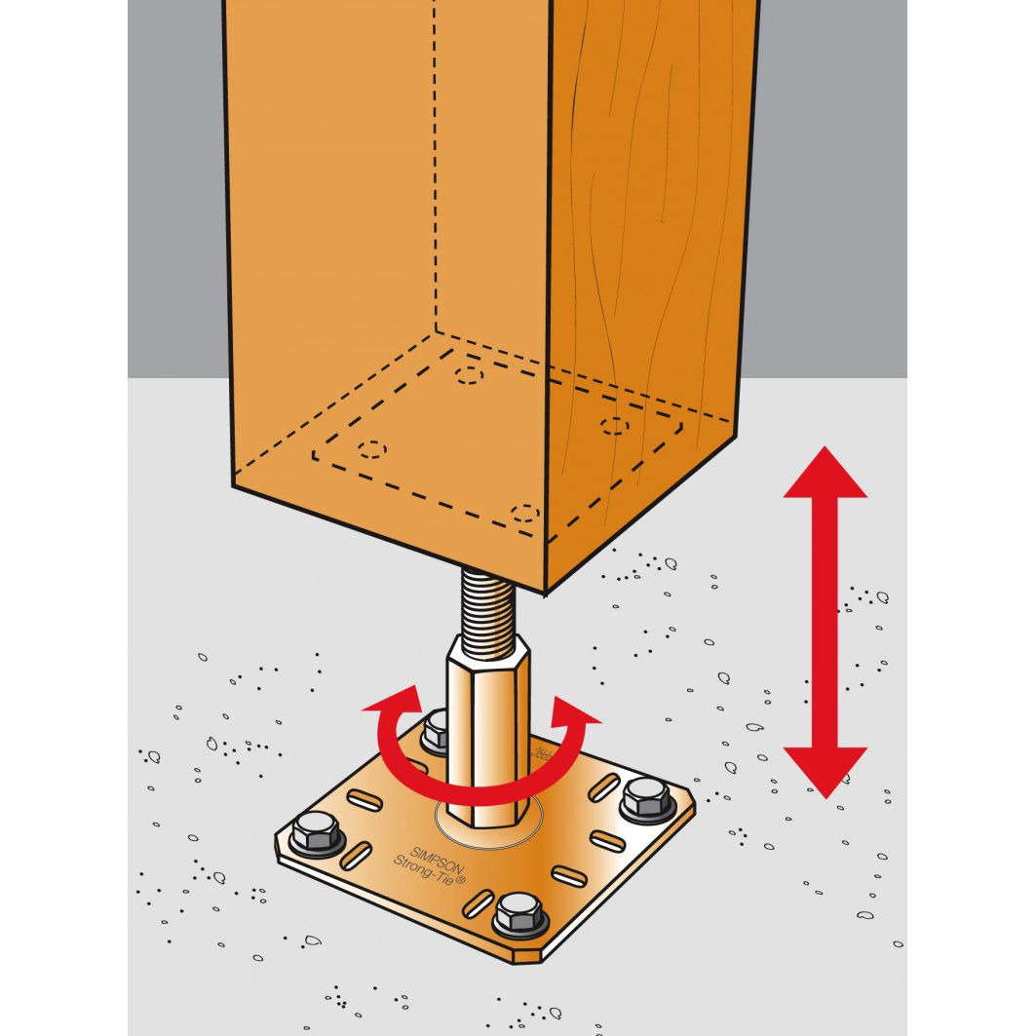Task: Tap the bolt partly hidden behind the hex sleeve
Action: [437, 731]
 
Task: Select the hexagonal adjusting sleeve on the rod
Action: [484, 721]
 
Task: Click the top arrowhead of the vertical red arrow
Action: [825, 473]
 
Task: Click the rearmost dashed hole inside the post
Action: [470, 375]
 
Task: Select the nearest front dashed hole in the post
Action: [525, 513]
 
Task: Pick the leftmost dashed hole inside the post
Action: [371, 449]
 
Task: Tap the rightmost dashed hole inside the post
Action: [615, 425]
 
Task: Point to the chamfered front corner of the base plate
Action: [525, 956]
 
